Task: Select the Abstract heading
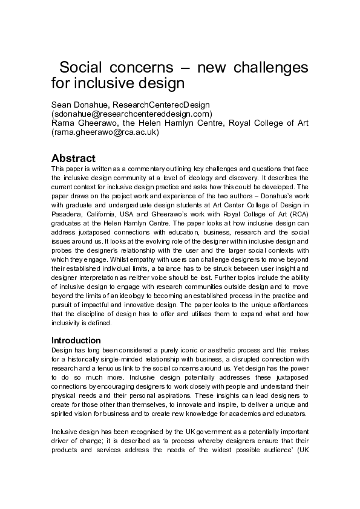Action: [73, 158]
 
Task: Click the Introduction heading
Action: [76, 340]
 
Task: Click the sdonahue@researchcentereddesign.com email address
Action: [131, 113]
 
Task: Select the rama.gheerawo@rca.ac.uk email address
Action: [105, 132]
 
